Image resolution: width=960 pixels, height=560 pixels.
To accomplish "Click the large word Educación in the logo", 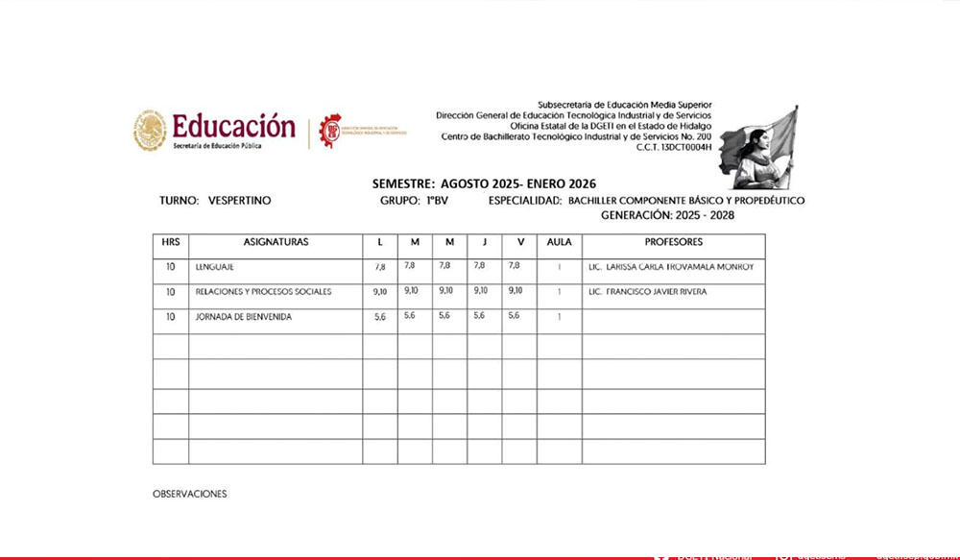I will [233, 126].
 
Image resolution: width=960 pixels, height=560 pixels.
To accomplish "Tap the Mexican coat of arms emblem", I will [150, 131].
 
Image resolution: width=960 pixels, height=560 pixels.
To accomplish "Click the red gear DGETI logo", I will [330, 130].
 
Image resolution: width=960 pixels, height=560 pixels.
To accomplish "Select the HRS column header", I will [170, 242].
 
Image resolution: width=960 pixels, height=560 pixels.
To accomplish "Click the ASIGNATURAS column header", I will [276, 242].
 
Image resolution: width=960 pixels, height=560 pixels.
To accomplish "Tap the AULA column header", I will [559, 242].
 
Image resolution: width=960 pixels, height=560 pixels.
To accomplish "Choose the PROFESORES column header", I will [673, 242].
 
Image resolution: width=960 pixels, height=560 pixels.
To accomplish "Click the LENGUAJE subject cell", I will [214, 267].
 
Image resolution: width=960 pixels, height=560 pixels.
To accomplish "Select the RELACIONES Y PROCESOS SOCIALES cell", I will [263, 291].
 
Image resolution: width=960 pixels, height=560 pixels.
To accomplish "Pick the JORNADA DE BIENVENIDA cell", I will [243, 316].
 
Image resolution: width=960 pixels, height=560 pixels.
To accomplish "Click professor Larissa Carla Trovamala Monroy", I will [671, 267].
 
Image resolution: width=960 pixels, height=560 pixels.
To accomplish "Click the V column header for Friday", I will [519, 242].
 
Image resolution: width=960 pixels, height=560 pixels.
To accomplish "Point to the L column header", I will [379, 242].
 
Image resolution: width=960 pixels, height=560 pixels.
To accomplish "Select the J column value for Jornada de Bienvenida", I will [480, 315].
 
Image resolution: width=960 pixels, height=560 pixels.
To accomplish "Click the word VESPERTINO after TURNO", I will [239, 201].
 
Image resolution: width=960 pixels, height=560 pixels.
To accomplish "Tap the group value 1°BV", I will [437, 201].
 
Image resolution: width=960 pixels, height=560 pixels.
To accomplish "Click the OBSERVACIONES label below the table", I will [189, 494].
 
